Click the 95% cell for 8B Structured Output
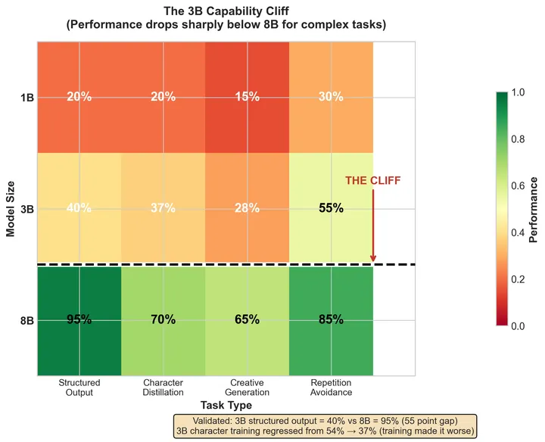[79, 319]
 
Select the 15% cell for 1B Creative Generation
[247, 97]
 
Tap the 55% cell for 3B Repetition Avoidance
[331, 208]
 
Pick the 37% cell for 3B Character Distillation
[163, 208]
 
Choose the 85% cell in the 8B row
[331, 319]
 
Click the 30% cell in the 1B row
[331, 97]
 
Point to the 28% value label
[247, 208]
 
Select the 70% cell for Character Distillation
[163, 319]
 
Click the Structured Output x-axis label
[79, 388]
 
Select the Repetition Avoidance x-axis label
[331, 388]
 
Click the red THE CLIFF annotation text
[373, 181]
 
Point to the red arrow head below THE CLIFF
[373, 260]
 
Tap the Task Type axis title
[226, 406]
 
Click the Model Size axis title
[11, 208]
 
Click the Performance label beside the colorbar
[533, 209]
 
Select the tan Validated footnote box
[325, 425]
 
